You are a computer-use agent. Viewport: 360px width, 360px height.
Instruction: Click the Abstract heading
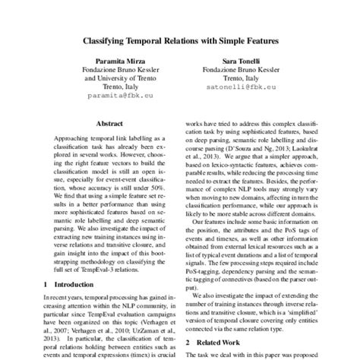pos(111,122)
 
